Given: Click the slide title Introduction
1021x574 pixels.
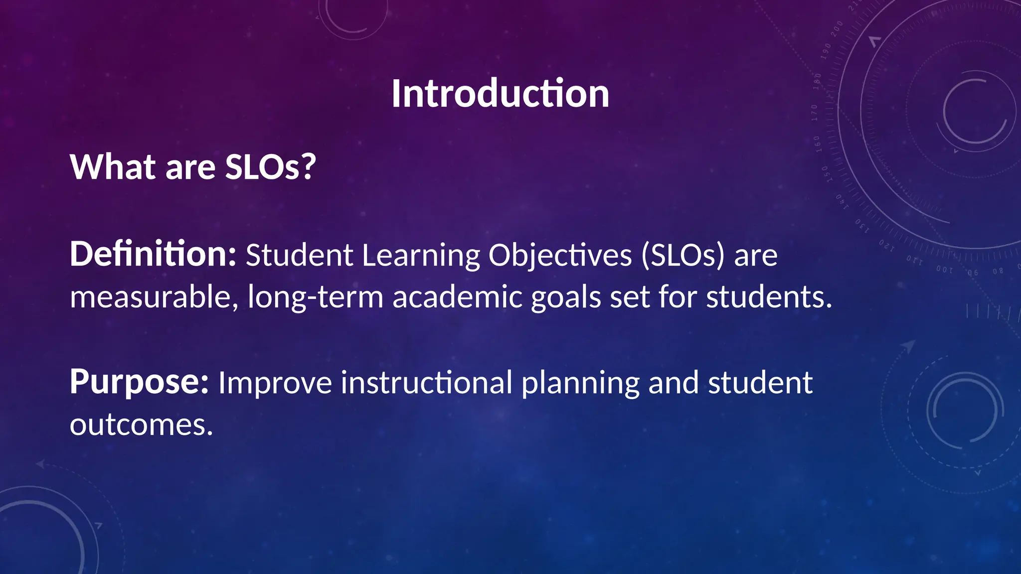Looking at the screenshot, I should (500, 94).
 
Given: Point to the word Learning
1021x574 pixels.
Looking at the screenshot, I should (421, 256).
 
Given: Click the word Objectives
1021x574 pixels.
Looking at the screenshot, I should (560, 256).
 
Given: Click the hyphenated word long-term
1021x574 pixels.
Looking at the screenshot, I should (315, 297).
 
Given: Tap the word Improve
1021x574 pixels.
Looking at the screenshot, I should (275, 384).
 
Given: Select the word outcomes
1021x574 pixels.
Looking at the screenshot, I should (141, 425).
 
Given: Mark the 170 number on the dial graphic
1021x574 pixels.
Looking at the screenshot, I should (814, 113).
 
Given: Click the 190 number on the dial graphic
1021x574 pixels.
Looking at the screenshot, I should (826, 51).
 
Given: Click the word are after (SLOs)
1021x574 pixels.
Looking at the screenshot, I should (755, 256).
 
